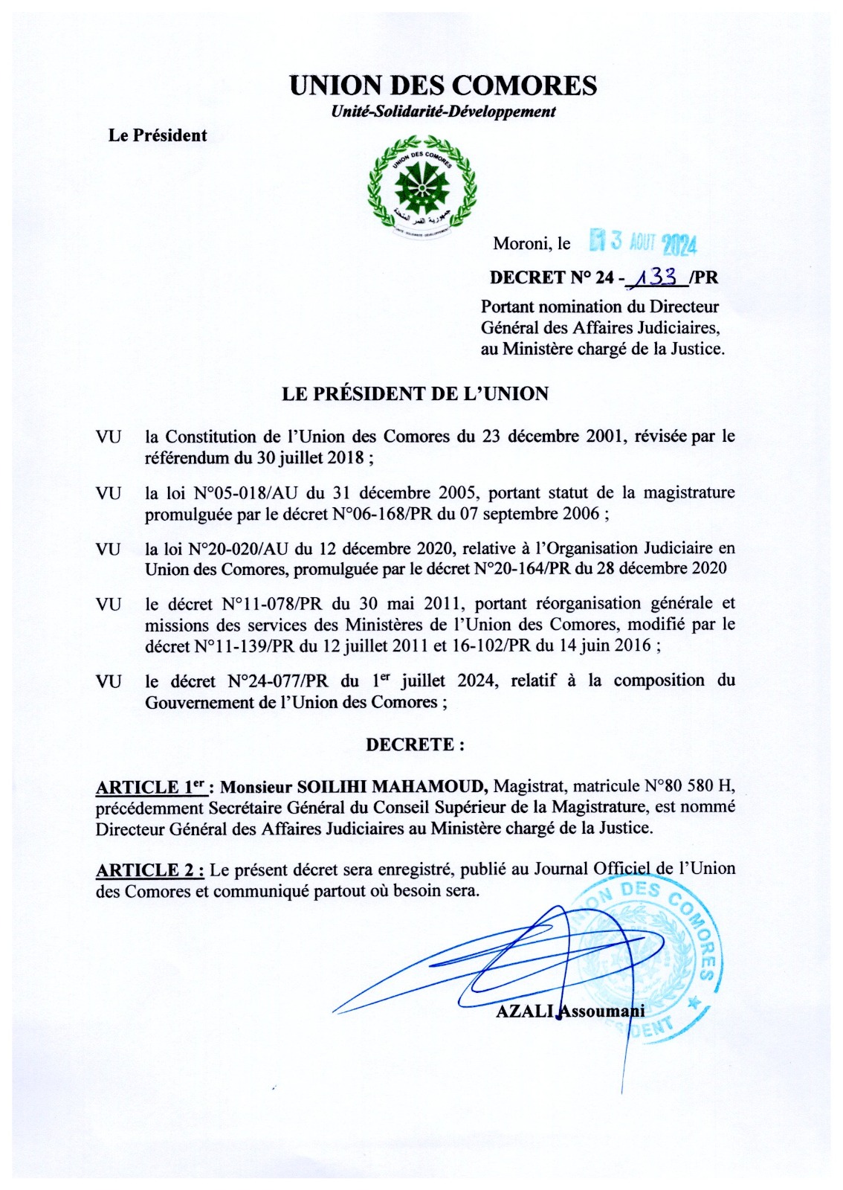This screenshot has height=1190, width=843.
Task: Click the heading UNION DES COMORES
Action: (442, 86)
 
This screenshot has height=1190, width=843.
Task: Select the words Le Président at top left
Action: (158, 135)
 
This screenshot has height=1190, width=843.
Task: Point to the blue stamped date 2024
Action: (678, 243)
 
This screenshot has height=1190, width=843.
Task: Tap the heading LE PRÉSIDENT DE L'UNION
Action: (415, 394)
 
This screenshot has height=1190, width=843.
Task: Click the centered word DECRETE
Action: (414, 744)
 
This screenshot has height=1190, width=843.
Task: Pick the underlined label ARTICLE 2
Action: (149, 869)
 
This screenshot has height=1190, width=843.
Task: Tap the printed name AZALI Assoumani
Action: (569, 1010)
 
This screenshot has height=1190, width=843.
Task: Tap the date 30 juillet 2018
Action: (310, 457)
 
